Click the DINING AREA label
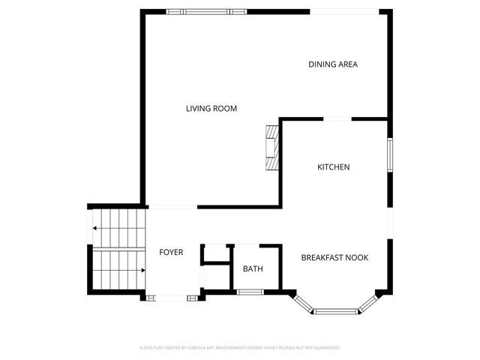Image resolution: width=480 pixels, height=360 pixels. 333,64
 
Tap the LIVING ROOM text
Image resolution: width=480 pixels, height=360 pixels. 211,109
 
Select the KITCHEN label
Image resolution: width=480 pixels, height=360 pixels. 333,167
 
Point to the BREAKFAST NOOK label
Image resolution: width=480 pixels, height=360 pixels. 334,258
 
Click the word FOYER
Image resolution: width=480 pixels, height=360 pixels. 171,252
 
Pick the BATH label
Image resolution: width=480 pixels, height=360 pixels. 252,268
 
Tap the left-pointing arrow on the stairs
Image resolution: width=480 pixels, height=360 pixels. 96,228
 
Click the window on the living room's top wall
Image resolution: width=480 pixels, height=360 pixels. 205,11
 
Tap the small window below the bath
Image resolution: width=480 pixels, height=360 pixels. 249,292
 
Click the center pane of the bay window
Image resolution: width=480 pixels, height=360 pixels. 335,310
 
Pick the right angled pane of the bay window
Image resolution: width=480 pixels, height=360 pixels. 367,302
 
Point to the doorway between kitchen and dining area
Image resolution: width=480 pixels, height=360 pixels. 337,118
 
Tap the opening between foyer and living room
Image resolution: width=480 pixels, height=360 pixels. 172,207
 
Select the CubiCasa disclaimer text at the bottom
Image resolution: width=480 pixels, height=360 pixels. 240,347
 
